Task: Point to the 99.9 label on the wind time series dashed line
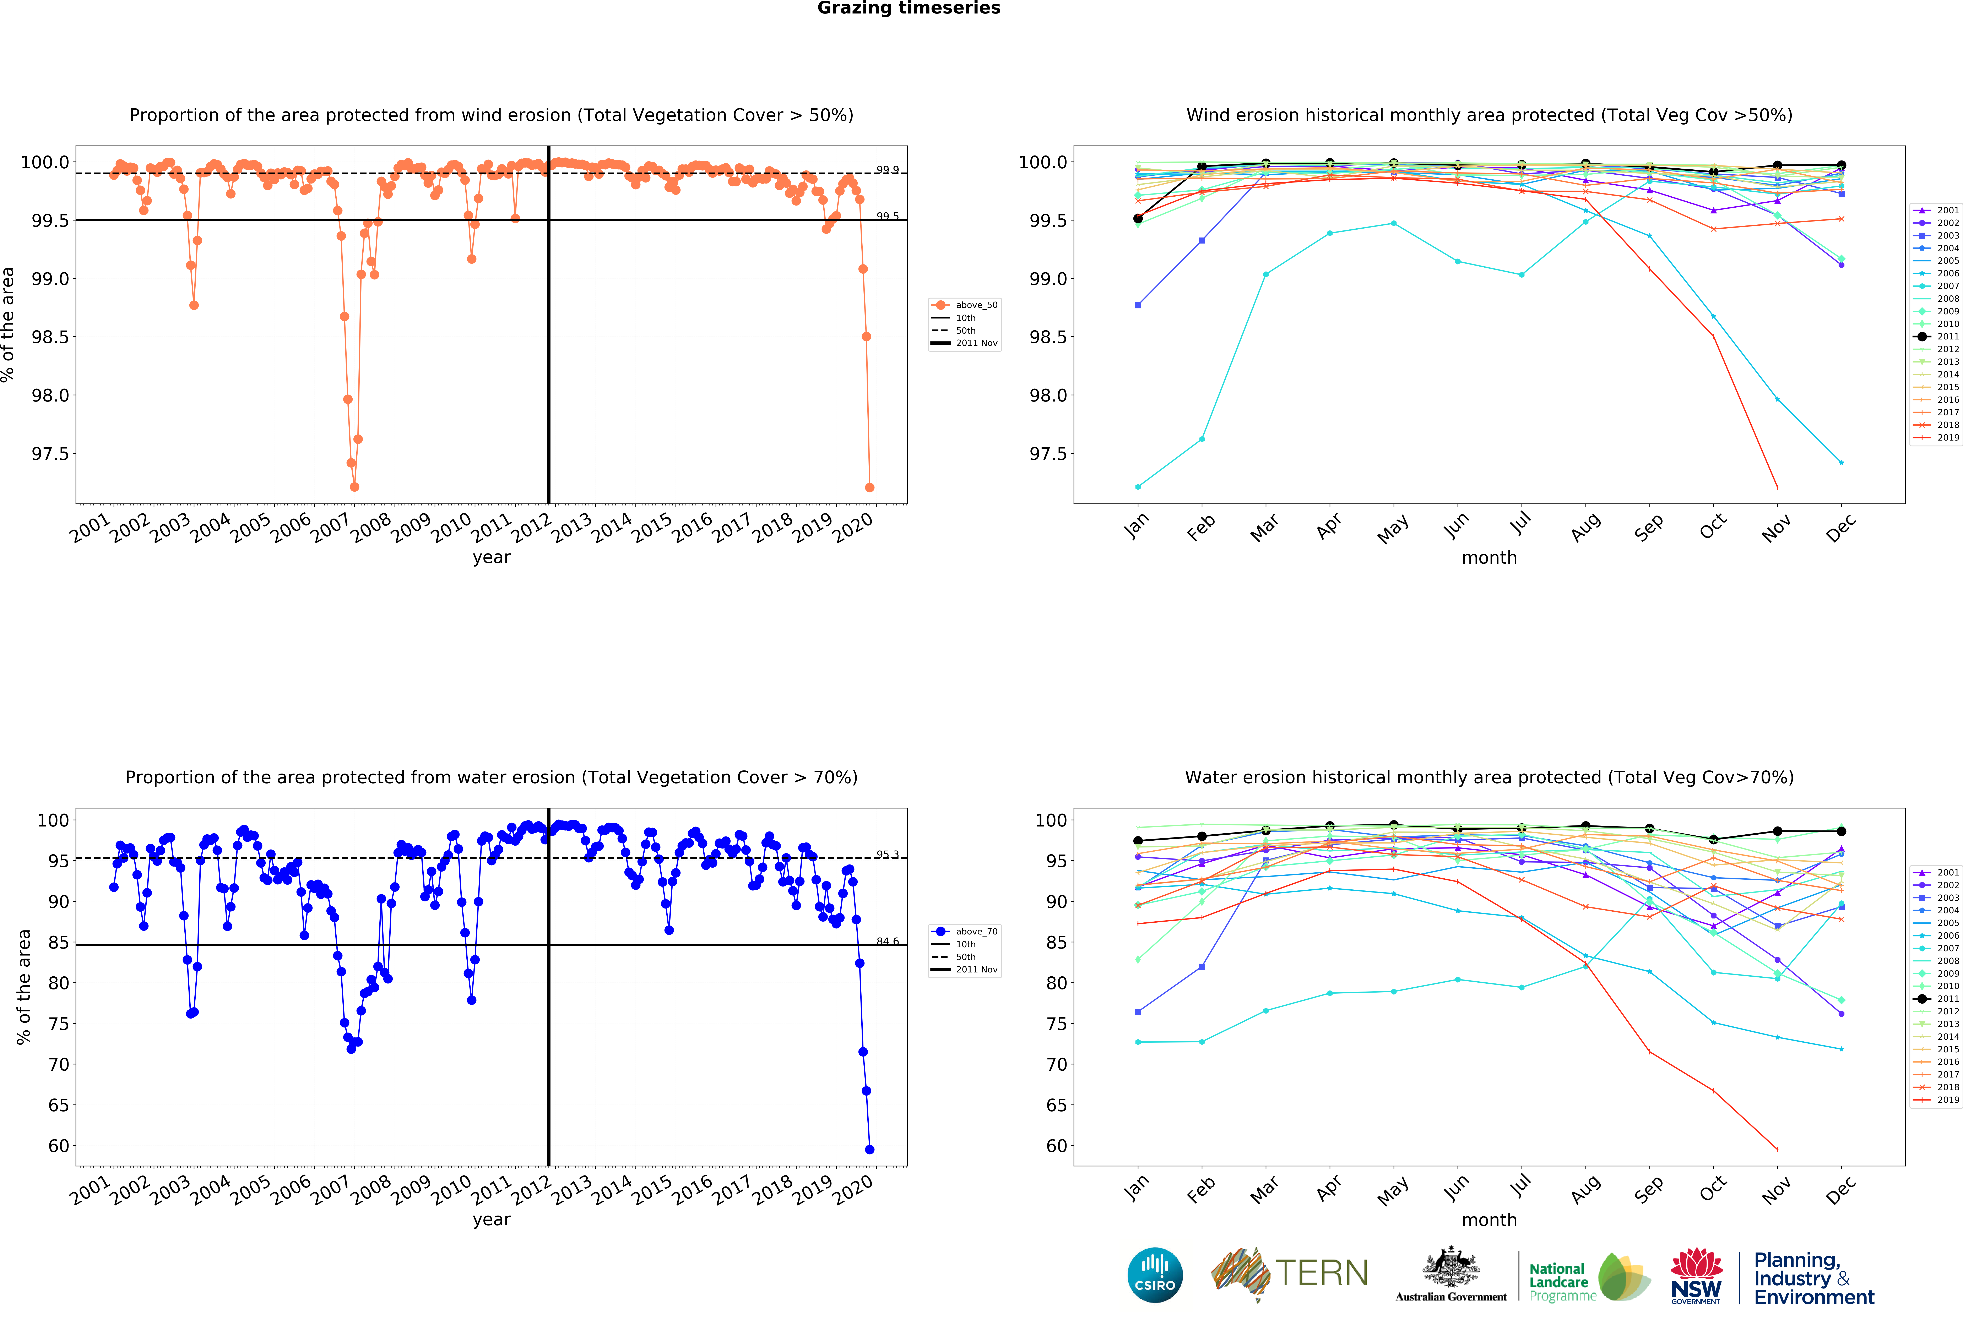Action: pyautogui.click(x=887, y=170)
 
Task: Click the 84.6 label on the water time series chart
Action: pyautogui.click(x=887, y=941)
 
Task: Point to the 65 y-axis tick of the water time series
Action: pyautogui.click(x=58, y=1105)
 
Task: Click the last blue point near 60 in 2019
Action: pyautogui.click(x=870, y=1150)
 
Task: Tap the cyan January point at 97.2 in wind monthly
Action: pyautogui.click(x=1138, y=486)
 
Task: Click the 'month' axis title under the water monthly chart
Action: pyautogui.click(x=1489, y=1219)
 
